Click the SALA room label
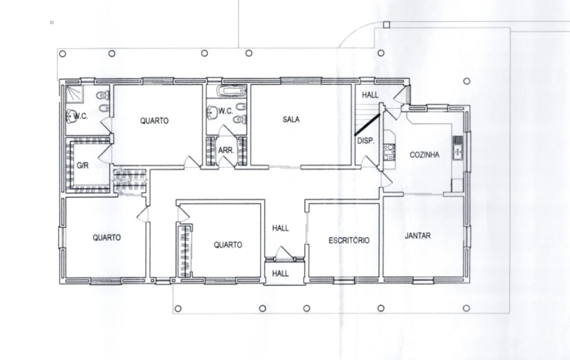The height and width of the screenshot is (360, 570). click(291, 119)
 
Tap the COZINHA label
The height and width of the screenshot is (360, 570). click(424, 155)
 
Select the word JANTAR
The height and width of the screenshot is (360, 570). click(417, 235)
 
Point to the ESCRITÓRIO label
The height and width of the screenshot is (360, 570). click(348, 240)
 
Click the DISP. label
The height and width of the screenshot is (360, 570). click(365, 140)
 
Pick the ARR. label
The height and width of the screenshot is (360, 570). click(225, 150)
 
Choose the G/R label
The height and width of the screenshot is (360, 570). click(82, 165)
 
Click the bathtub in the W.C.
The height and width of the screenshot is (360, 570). click(231, 90)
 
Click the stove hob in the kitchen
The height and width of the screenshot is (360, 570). click(388, 152)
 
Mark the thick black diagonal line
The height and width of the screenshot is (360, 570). click(367, 124)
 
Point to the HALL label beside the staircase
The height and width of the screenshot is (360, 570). click(370, 95)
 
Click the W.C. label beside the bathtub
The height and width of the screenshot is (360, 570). click(225, 111)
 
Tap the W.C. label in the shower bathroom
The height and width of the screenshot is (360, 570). click(80, 116)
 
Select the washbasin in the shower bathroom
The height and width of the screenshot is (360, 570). click(70, 116)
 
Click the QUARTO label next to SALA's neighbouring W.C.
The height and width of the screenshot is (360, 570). click(154, 120)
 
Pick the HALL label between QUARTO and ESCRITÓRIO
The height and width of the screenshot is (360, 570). click(280, 228)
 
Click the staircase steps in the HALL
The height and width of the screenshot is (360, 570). click(367, 118)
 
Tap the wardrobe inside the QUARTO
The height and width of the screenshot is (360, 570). click(184, 251)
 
